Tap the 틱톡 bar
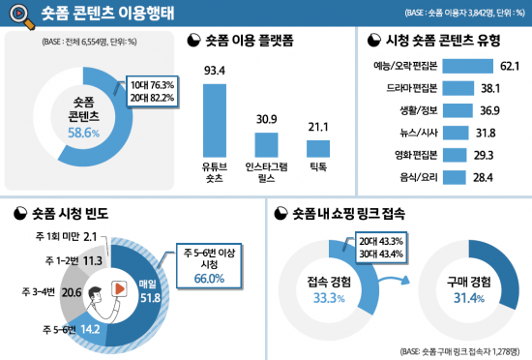click(x=317, y=149)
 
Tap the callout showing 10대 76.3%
click(x=152, y=86)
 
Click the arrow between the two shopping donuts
click(x=394, y=282)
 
